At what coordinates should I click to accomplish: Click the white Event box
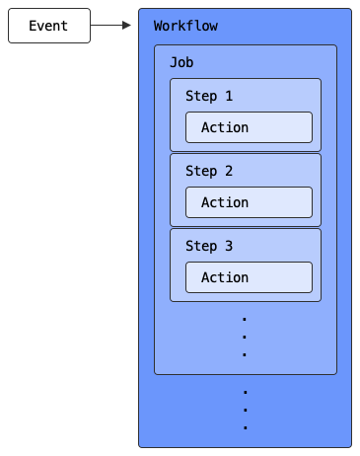(48, 26)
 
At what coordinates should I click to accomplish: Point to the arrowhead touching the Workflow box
(128, 26)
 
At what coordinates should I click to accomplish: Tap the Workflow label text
(185, 26)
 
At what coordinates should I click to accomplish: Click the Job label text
(181, 61)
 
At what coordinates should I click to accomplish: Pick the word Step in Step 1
(201, 96)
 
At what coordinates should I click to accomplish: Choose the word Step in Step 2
(201, 171)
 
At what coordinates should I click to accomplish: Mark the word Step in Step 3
(201, 246)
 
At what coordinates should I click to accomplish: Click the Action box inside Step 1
(249, 127)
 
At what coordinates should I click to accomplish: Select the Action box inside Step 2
(249, 202)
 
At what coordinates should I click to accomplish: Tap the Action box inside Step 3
(249, 277)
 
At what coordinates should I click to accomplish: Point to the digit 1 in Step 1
(229, 96)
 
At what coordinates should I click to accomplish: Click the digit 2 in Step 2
(229, 171)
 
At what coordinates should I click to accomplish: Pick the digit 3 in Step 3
(229, 246)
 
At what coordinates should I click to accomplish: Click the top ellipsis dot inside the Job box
(245, 320)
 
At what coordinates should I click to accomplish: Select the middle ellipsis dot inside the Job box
(245, 338)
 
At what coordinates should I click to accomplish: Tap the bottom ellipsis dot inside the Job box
(245, 355)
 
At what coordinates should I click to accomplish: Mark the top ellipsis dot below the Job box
(245, 393)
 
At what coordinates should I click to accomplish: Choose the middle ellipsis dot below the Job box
(245, 411)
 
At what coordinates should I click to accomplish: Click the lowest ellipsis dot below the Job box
(245, 428)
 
